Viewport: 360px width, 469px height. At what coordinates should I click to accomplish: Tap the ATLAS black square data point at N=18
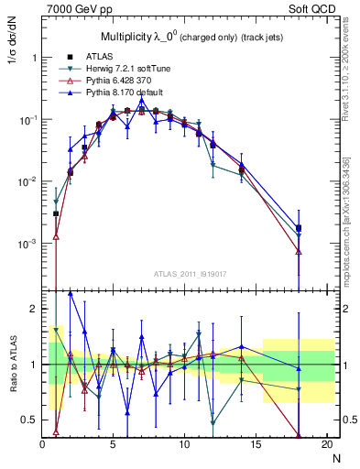[x=299, y=228]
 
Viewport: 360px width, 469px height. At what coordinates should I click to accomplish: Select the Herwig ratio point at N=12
[x=213, y=423]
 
